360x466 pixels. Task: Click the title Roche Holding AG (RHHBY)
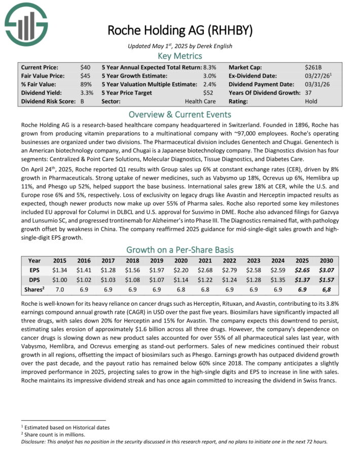click(x=179, y=30)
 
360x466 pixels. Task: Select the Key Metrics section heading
click(x=179, y=56)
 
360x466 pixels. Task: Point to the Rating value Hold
click(x=311, y=101)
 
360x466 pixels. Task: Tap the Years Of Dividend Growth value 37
click(x=309, y=93)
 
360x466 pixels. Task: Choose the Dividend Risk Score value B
click(x=82, y=101)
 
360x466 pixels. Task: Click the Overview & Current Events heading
click(x=179, y=114)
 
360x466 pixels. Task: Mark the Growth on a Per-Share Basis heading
click(x=179, y=249)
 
